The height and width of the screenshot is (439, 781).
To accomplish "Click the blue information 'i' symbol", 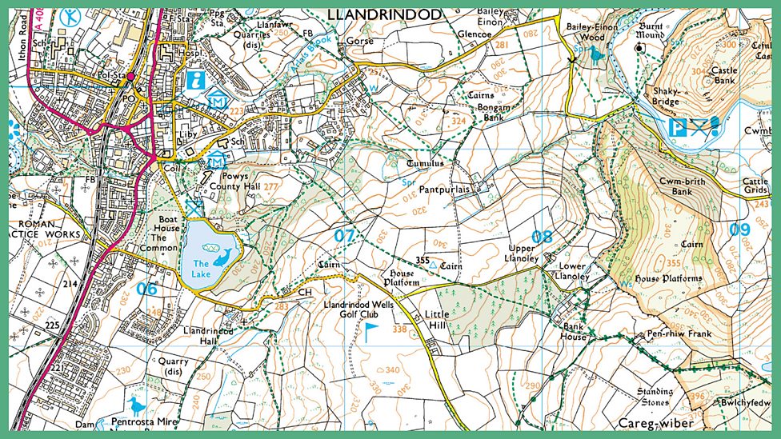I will click(194, 80).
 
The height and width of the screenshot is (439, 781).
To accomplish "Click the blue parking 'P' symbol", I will click(677, 126).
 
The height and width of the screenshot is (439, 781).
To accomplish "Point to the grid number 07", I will click(344, 236).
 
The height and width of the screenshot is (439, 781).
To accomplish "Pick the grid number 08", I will click(543, 236).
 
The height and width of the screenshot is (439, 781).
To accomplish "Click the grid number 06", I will click(146, 289).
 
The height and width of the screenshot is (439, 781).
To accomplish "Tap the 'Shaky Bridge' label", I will click(665, 96).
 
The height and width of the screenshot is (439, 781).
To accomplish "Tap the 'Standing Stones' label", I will click(655, 397).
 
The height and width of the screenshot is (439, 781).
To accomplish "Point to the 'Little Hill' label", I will click(437, 320).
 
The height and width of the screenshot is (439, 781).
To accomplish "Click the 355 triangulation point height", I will click(423, 260).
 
